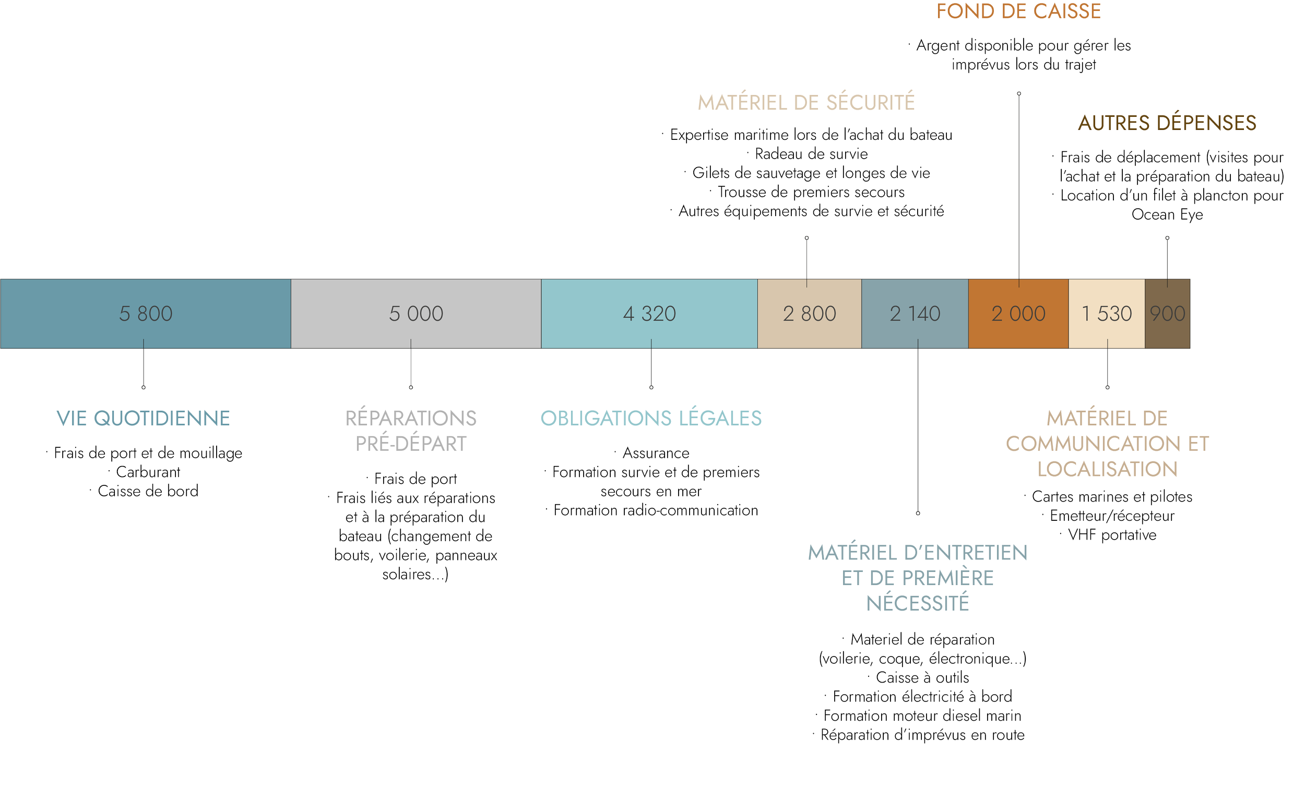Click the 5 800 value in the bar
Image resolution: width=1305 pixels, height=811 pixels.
click(x=145, y=314)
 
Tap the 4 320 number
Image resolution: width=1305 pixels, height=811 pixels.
click(x=649, y=314)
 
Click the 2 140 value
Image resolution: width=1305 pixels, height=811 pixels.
click(x=915, y=314)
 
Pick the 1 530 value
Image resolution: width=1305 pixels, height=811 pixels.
click(x=1106, y=314)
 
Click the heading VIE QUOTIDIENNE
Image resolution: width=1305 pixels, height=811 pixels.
click(x=143, y=419)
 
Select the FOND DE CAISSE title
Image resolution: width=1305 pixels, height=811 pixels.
click(x=1018, y=11)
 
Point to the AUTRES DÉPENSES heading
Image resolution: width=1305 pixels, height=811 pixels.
click(x=1167, y=123)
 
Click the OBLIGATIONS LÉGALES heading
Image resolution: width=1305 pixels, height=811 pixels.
click(x=650, y=419)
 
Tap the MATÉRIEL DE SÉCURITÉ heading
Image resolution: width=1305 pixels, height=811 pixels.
click(x=805, y=102)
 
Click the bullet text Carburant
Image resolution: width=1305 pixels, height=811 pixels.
click(x=148, y=472)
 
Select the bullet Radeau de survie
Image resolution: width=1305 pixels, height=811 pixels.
click(x=811, y=154)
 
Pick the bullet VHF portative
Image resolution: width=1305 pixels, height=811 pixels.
click(x=1111, y=535)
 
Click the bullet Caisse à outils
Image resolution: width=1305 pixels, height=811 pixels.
click(x=921, y=677)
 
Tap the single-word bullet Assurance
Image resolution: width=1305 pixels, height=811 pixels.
click(x=656, y=453)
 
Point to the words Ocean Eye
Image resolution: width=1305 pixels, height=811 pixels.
click(x=1167, y=214)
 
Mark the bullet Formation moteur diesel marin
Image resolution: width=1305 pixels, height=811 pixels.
click(x=921, y=715)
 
